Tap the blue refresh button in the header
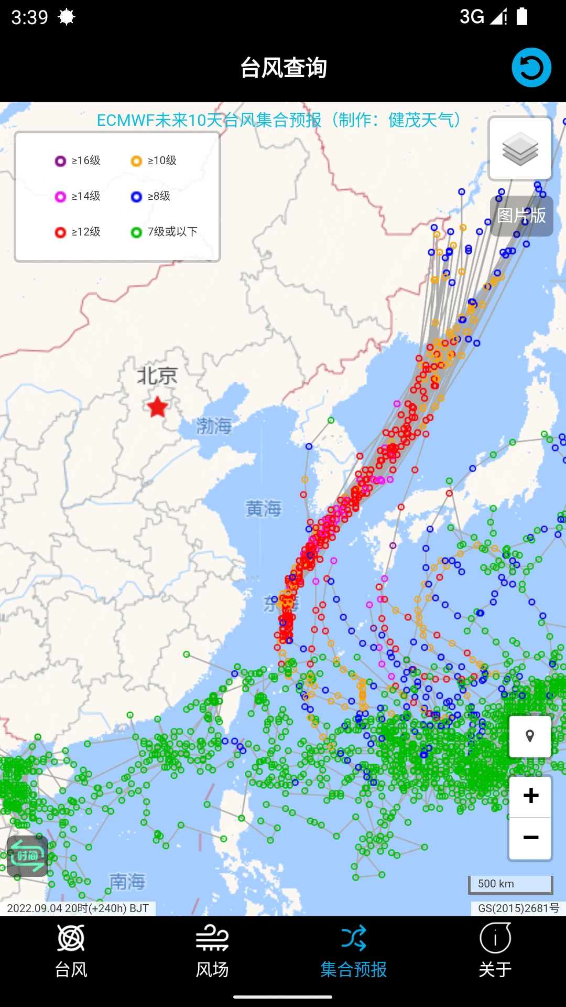tap(531, 68)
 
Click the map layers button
tap(520, 149)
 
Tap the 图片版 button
tap(521, 216)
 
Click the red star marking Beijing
tap(157, 407)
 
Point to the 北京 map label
tap(157, 376)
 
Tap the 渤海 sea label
tap(214, 425)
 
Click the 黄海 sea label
tap(264, 508)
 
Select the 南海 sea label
tap(127, 881)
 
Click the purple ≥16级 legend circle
tap(60, 161)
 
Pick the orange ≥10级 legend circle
tap(136, 161)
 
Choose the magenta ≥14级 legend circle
tap(60, 197)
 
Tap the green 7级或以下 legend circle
tap(136, 232)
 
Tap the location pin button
tap(530, 736)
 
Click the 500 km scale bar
tap(510, 884)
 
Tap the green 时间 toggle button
tap(27, 856)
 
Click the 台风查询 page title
tap(283, 68)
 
